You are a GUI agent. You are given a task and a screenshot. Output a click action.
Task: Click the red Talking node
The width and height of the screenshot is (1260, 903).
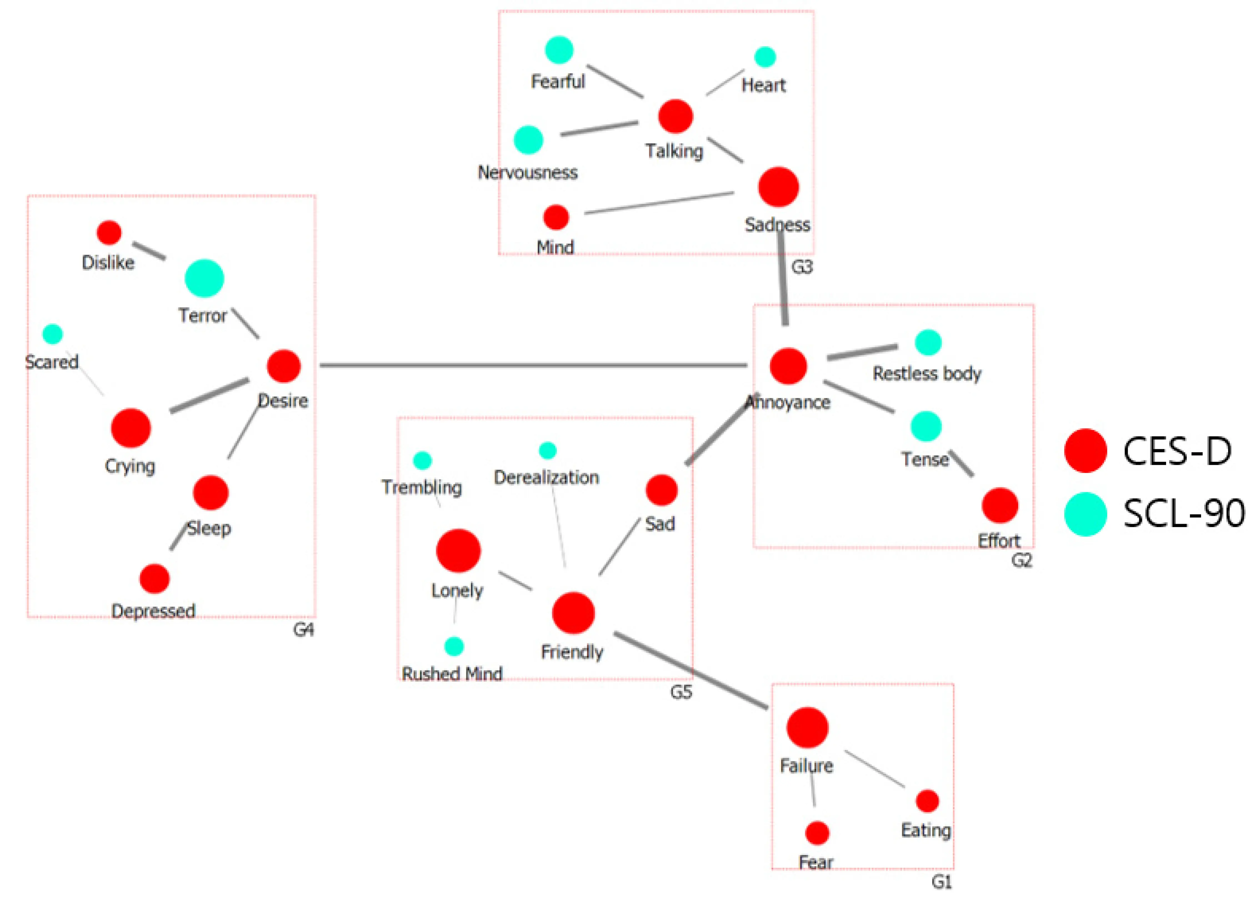point(676,116)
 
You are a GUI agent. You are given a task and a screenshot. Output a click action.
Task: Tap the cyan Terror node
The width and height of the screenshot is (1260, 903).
point(204,278)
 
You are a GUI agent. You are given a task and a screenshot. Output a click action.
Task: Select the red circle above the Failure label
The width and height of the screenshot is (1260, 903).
point(807,728)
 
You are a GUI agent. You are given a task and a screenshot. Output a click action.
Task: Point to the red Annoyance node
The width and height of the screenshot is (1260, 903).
point(788,366)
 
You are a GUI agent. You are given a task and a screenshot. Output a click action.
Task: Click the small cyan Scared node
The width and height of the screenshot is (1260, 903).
point(53,334)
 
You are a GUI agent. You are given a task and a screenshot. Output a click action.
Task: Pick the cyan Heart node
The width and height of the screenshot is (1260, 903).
point(765,57)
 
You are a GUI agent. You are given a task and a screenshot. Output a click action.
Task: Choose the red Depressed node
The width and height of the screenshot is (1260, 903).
point(154,579)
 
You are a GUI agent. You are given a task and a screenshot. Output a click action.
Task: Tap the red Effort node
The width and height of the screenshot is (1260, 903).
point(1000,505)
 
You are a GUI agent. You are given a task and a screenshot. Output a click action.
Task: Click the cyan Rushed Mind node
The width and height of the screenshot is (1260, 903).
point(454,646)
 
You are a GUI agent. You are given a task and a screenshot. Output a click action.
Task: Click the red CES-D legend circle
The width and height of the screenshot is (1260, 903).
point(1086,450)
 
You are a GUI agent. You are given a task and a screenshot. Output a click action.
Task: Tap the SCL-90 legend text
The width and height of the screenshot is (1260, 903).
point(1183,514)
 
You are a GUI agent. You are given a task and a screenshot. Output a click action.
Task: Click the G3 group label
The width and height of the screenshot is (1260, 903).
point(802,267)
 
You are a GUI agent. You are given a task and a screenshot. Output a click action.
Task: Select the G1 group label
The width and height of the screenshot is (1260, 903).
point(942,882)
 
